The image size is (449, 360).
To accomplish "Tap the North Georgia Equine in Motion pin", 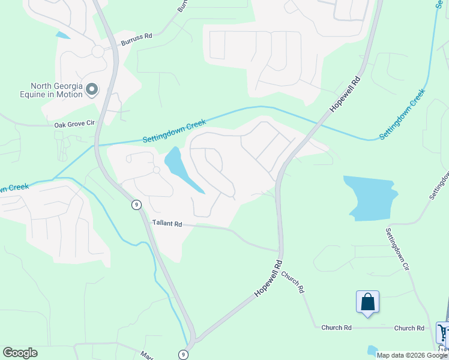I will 92,90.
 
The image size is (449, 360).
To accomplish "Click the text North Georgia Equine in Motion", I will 53,90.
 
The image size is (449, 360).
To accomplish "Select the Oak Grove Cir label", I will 75,124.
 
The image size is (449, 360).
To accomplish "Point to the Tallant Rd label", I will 166,223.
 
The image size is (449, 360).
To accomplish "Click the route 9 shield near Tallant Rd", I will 137,205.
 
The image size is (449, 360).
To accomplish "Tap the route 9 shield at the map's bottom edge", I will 182,355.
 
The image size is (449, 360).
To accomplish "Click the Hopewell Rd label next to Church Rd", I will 268,277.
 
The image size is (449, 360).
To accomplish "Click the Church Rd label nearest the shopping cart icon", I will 409,328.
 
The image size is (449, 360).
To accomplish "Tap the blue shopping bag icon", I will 367,302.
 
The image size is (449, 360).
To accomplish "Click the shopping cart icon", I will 444,331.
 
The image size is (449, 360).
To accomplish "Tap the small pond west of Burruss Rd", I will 62,35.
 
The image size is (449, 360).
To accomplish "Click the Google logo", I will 20,353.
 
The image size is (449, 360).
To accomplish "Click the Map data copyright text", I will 412,355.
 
